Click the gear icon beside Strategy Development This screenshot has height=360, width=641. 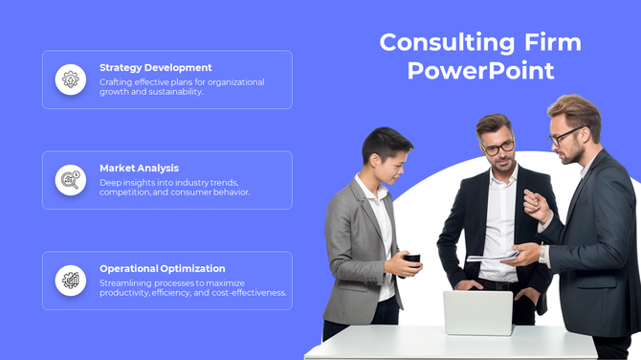coord(71,79)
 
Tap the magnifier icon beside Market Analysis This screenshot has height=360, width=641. coord(71,180)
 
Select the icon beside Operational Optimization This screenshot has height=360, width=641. coord(71,281)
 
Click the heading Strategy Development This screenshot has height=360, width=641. coord(156,68)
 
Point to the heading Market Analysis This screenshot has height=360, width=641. coord(139,169)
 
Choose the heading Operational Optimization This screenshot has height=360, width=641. coord(163,269)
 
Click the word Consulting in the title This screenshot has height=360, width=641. coord(447,42)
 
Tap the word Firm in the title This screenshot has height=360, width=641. coord(553,42)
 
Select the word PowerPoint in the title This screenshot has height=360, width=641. coord(480,71)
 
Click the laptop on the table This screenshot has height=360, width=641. coord(477,312)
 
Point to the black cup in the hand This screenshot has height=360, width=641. coord(412,259)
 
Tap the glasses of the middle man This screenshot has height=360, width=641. coord(497,146)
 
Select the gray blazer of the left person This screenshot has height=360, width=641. coord(353,249)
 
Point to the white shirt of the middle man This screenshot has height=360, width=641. coord(499,225)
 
